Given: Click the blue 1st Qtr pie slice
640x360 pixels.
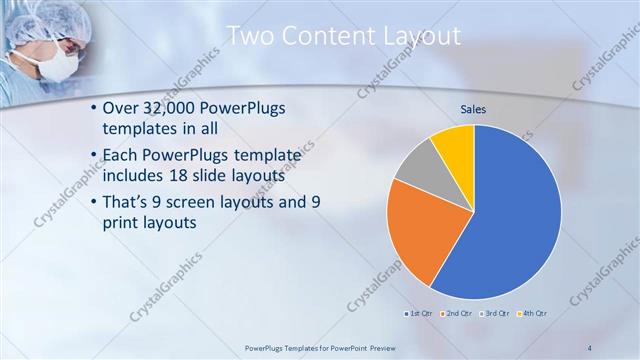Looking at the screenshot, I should [505, 220].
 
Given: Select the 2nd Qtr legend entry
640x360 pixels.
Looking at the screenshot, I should [458, 314].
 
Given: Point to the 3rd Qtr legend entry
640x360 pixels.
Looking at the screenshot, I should [498, 314].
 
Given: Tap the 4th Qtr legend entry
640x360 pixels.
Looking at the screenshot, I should [536, 314].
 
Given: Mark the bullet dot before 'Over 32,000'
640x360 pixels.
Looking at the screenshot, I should [94, 108].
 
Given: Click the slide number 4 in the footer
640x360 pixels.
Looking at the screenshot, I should [591, 348].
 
